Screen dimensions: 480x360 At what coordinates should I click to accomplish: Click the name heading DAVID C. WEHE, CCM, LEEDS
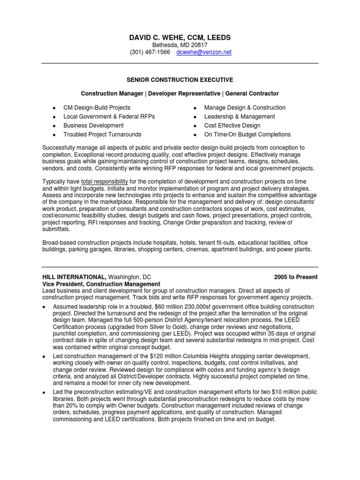point(180,37)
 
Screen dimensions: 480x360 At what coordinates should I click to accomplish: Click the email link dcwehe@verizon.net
point(204,52)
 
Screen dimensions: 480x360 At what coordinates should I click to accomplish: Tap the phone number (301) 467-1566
point(150,52)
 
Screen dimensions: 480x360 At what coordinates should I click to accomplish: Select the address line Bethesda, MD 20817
point(180,45)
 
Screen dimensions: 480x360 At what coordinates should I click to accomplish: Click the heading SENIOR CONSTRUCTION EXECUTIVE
point(180,80)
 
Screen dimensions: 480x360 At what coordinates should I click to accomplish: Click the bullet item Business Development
point(93,126)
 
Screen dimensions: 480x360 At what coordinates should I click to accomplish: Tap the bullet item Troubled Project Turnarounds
point(102,135)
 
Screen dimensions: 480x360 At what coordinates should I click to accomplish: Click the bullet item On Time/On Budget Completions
point(247,135)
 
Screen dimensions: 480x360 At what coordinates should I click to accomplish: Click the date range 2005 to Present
point(296,277)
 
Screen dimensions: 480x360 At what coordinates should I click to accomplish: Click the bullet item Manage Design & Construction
point(245,108)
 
